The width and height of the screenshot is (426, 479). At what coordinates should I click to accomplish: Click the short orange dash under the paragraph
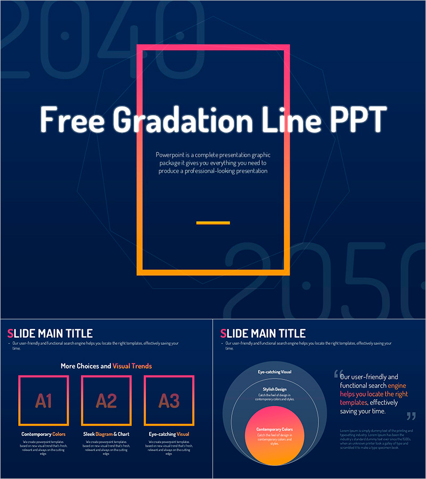point(213,222)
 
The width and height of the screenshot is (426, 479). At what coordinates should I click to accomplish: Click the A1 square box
point(44,401)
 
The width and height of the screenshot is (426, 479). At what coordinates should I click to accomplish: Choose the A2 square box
point(106,401)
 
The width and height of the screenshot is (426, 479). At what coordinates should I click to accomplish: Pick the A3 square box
point(169,401)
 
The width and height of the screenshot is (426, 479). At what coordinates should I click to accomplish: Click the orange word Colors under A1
point(59,434)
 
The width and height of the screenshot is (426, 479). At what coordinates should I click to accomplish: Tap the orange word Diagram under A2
point(104,434)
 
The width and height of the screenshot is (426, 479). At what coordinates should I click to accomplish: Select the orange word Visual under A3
point(183,434)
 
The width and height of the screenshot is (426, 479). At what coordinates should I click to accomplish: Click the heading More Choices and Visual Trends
point(106,366)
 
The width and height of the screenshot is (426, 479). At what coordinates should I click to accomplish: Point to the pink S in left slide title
point(10,334)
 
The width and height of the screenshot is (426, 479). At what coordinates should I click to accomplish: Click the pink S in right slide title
point(223,334)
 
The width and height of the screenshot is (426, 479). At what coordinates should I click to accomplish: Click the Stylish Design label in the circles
point(274,390)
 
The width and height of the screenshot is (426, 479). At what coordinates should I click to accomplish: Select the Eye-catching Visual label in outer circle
point(274,371)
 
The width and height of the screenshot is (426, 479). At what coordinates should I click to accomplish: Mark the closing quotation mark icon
point(411,416)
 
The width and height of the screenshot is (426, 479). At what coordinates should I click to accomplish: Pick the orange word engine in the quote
point(397,385)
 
